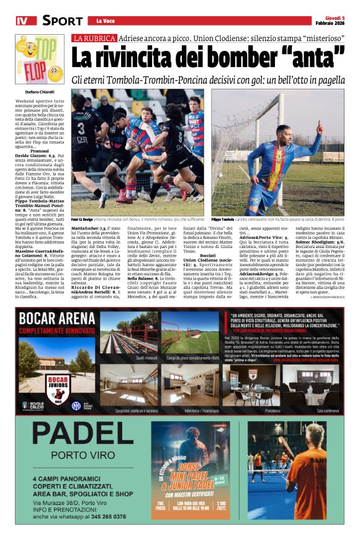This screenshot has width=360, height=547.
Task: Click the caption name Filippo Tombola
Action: click(x=222, y=220)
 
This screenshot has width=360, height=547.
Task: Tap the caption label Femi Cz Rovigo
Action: click(x=83, y=220)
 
